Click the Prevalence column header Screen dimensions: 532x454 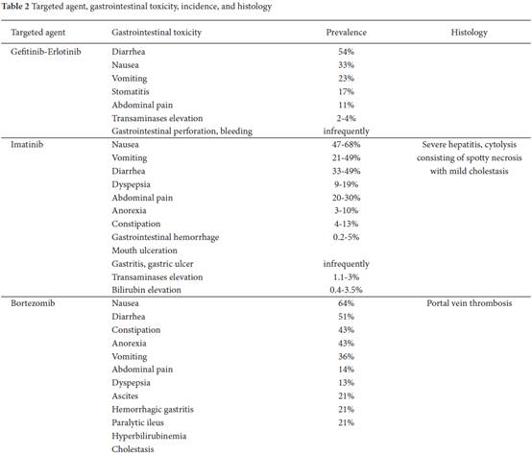(346, 33)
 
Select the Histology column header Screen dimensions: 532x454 (469, 33)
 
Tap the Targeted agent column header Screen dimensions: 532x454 (38, 33)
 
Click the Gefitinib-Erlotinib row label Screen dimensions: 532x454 (46, 52)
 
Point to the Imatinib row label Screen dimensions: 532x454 (27, 144)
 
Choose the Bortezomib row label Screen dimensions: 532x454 (33, 303)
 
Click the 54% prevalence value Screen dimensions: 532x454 (346, 52)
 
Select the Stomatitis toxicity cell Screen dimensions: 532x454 (131, 91)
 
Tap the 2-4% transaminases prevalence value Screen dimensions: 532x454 (346, 118)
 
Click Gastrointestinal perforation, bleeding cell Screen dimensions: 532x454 (181, 131)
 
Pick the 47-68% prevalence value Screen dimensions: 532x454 (346, 144)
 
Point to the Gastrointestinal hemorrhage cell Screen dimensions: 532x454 (165, 237)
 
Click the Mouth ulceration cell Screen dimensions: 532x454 (144, 251)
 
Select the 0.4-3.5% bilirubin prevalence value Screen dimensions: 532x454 (346, 290)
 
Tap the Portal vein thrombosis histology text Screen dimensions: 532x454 (470, 303)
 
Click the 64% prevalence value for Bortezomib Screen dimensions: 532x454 (346, 303)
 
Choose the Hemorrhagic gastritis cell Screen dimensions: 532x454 (153, 410)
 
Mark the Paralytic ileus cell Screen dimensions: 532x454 (137, 423)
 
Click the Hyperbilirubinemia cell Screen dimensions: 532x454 (149, 436)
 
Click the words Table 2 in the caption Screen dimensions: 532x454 (15, 7)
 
